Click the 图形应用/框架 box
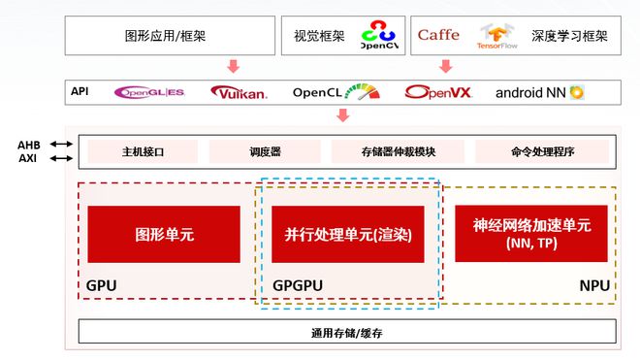(165, 35)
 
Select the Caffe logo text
(438, 35)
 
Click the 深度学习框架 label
(569, 36)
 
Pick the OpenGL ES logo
(149, 93)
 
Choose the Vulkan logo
(239, 93)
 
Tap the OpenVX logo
(437, 93)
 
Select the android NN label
(539, 93)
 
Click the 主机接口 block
(143, 152)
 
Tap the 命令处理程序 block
(542, 152)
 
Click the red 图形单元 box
(163, 234)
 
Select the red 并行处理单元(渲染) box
(347, 234)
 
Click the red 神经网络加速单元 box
(530, 233)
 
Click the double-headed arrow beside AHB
(60, 144)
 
